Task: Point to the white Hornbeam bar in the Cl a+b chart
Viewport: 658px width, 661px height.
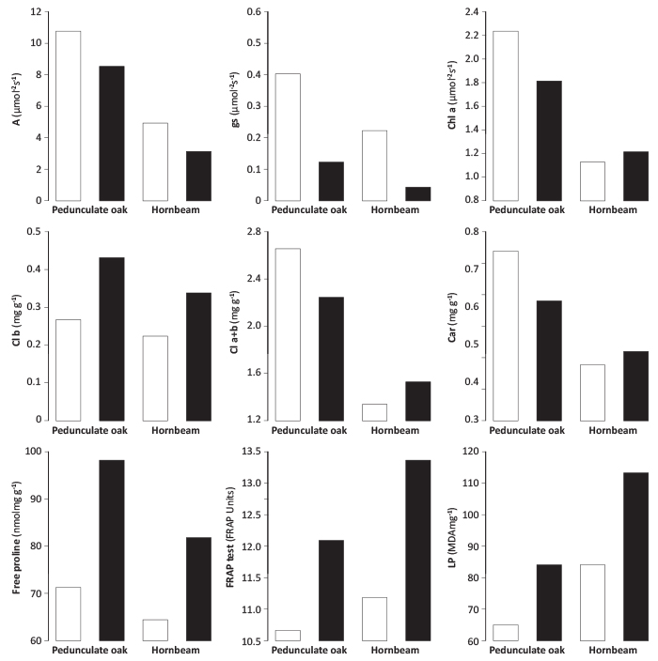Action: (374, 412)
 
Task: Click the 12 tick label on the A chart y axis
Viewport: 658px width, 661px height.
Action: (36, 12)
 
